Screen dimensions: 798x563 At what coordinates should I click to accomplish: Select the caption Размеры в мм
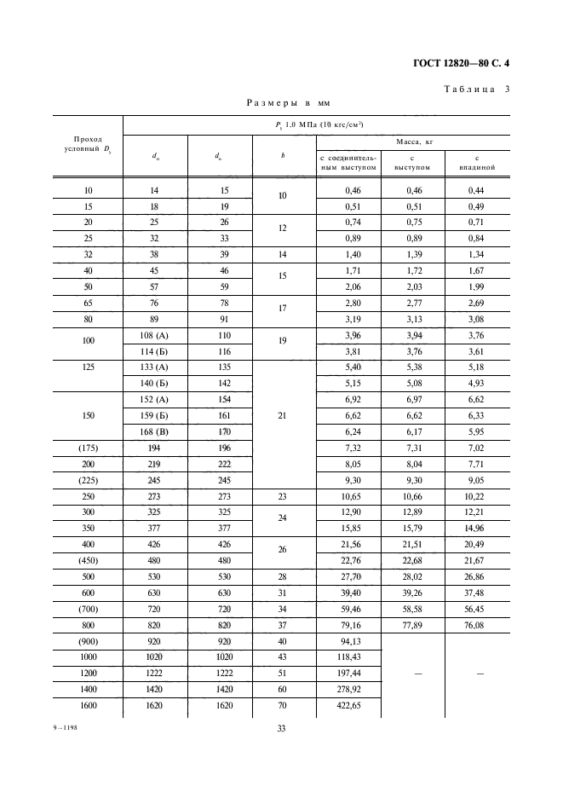click(x=288, y=103)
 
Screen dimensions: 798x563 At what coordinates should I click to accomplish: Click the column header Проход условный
click(x=88, y=144)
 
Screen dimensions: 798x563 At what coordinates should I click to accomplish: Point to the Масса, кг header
click(x=413, y=142)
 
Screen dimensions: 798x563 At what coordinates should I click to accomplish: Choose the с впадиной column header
click(x=477, y=162)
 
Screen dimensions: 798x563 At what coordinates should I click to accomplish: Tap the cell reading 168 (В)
click(x=156, y=432)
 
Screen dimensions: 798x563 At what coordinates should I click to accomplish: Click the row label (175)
click(x=88, y=448)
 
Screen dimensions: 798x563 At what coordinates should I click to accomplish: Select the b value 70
click(x=282, y=707)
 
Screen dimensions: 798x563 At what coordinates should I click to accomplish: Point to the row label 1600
click(x=88, y=707)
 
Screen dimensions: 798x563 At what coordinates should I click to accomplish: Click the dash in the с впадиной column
click(x=477, y=673)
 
